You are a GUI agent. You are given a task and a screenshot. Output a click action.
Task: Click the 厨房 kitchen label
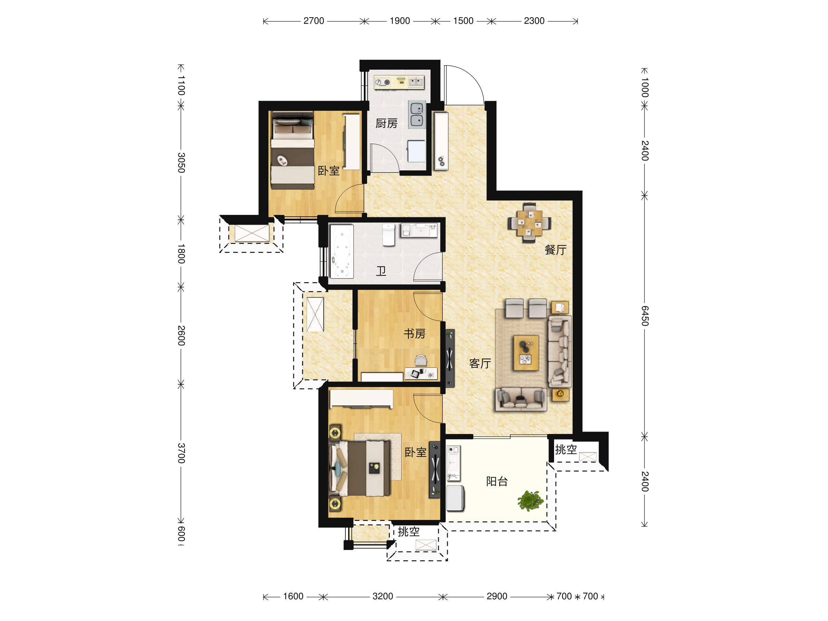(x=386, y=124)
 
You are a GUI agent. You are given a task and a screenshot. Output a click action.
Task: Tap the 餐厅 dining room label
(x=555, y=250)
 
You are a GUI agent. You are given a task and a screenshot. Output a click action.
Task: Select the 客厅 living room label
(x=480, y=363)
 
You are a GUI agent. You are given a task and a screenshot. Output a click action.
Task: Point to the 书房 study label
(x=414, y=334)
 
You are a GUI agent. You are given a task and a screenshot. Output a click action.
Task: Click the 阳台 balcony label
(x=497, y=481)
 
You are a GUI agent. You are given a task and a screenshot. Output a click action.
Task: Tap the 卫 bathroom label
(x=381, y=270)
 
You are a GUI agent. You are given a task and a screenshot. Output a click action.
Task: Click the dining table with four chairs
(x=529, y=223)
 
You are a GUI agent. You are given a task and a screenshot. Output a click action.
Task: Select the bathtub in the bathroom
(x=342, y=251)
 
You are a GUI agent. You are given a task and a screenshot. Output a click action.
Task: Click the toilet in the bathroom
(x=388, y=235)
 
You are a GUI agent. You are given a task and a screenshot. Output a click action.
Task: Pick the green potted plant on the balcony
(x=530, y=501)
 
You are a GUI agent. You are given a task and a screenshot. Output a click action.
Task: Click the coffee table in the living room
(x=526, y=353)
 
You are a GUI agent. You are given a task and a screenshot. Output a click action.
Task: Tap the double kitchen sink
(x=417, y=115)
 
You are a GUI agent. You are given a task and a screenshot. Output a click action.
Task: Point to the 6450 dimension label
(x=644, y=316)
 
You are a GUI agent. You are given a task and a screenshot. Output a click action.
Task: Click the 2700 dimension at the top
(x=314, y=21)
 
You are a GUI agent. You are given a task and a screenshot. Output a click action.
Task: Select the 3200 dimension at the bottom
(x=383, y=596)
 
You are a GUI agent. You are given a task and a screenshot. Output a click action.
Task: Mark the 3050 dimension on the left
(x=181, y=162)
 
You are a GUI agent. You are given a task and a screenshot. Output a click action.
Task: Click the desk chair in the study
(x=421, y=361)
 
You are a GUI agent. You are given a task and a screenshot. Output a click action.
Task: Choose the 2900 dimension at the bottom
(x=497, y=596)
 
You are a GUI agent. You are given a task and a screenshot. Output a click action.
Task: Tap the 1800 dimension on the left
(x=181, y=254)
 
